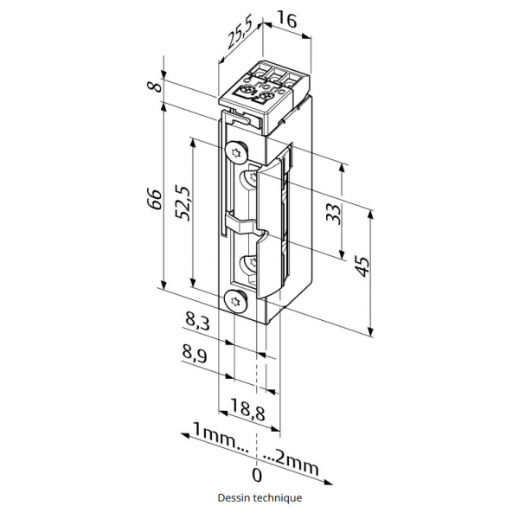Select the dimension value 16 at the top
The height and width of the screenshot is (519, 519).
click(286, 20)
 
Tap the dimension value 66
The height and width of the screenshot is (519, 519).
click(155, 199)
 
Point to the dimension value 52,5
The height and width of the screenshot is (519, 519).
click(183, 204)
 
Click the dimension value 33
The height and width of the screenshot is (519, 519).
click(333, 214)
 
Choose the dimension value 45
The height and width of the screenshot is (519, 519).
click(362, 266)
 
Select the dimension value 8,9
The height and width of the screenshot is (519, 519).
click(195, 354)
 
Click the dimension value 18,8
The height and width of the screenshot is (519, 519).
click(247, 409)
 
